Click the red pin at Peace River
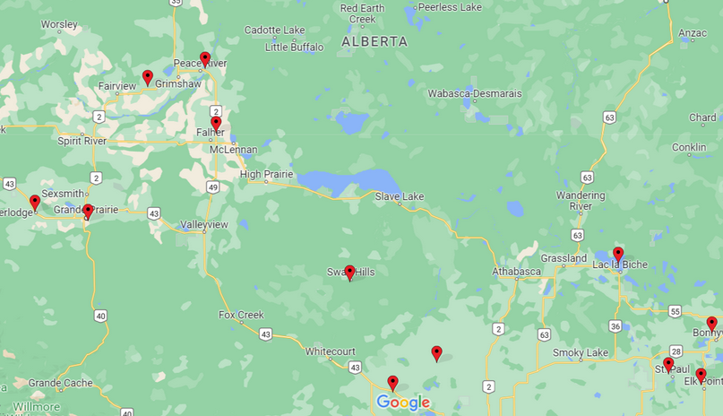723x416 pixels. pos(205,59)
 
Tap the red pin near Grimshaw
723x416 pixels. pos(148,77)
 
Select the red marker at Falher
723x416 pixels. pos(216,123)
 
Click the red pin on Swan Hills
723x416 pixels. pos(349,273)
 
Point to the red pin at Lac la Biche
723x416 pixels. pos(618,254)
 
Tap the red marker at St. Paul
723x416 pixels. pos(668,364)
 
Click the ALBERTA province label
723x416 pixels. pos(374,41)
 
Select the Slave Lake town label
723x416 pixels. pos(400,196)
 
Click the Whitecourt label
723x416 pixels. pos(331,351)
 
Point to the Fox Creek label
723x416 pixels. pos(241,315)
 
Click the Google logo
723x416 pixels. pos(403,403)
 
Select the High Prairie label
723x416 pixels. pos(267,174)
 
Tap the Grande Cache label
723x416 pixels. pos(59,383)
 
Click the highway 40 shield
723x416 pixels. pos(100,316)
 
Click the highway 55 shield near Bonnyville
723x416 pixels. pos(674,310)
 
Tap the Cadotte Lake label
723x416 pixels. pos(274,30)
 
